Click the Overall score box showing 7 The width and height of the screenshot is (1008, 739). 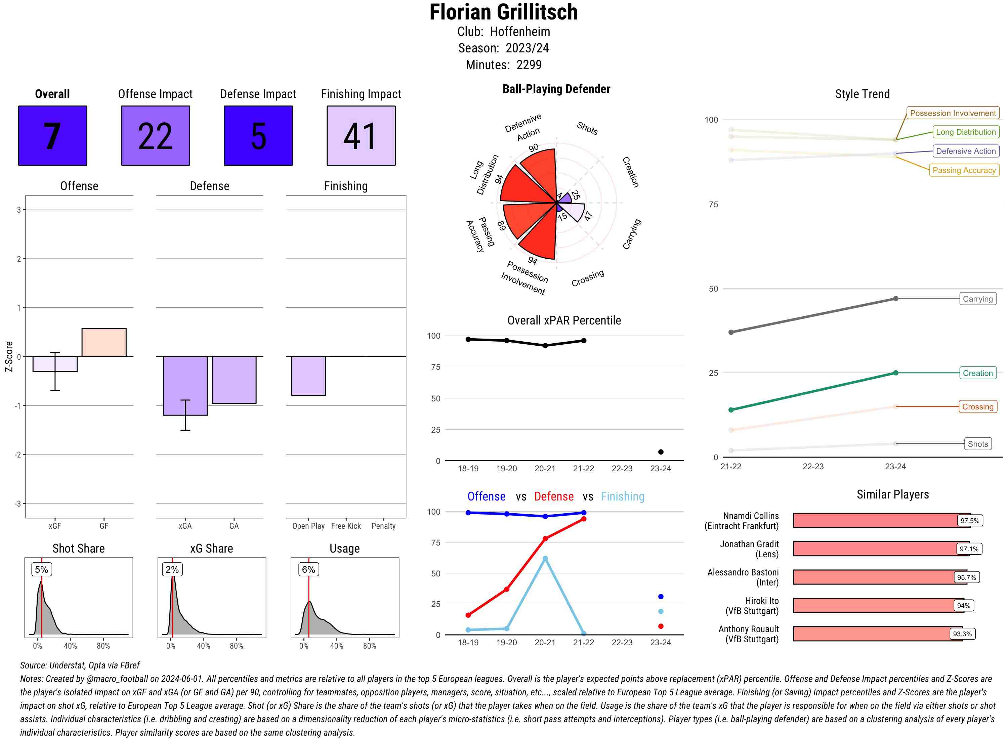click(52, 136)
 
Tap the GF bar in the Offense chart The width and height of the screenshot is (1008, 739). click(104, 342)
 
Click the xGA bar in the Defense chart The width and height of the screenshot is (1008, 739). click(185, 386)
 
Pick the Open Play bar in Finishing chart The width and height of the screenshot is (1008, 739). click(308, 376)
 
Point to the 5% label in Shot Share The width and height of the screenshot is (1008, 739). click(41, 569)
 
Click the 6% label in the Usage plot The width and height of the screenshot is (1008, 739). click(308, 569)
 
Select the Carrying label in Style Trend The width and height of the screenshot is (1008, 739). click(977, 299)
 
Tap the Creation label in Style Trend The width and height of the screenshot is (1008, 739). click(977, 373)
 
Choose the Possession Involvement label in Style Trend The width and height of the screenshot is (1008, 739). click(953, 113)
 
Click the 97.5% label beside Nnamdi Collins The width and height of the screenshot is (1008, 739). click(969, 521)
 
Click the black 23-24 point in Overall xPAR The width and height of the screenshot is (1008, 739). click(660, 452)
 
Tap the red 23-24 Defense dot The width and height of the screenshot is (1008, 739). click(660, 626)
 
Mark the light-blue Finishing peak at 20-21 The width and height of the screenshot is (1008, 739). click(545, 559)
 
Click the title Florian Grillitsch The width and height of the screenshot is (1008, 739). click(503, 12)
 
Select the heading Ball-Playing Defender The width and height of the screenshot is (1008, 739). click(556, 89)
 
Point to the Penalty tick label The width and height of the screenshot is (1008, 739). click(383, 526)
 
